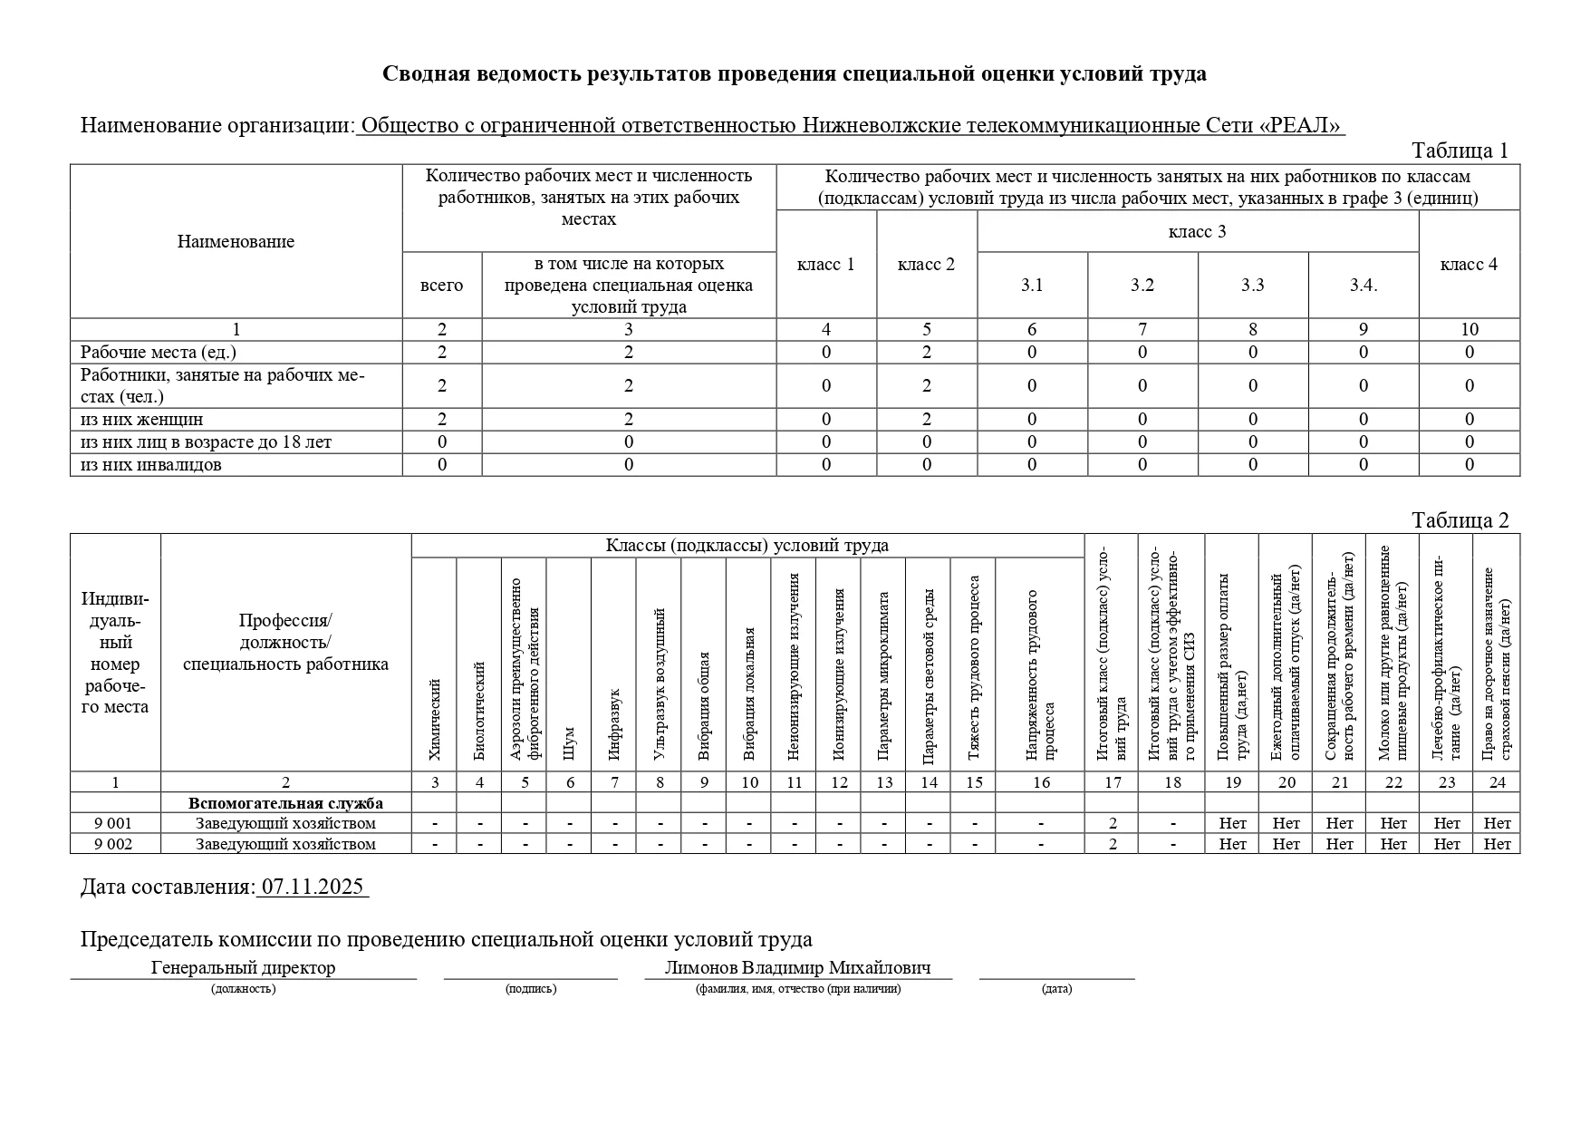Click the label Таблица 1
pyautogui.click(x=1460, y=150)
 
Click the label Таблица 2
pyautogui.click(x=1460, y=520)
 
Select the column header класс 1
pyautogui.click(x=825, y=265)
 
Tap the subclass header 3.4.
pyautogui.click(x=1363, y=286)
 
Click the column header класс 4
pyautogui.click(x=1469, y=265)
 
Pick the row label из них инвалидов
pyautogui.click(x=151, y=465)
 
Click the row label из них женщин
pyautogui.click(x=142, y=420)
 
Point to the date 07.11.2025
pyautogui.click(x=313, y=887)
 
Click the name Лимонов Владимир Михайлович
pyautogui.click(x=797, y=967)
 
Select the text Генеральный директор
pyautogui.click(x=243, y=967)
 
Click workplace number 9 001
pyautogui.click(x=114, y=823)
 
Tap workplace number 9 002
pyautogui.click(x=114, y=844)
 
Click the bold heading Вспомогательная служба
pyautogui.click(x=285, y=803)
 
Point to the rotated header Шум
pyautogui.click(x=569, y=742)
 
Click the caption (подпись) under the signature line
pyautogui.click(x=531, y=988)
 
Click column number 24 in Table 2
pyautogui.click(x=1497, y=782)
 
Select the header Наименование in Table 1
pyautogui.click(x=236, y=242)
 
